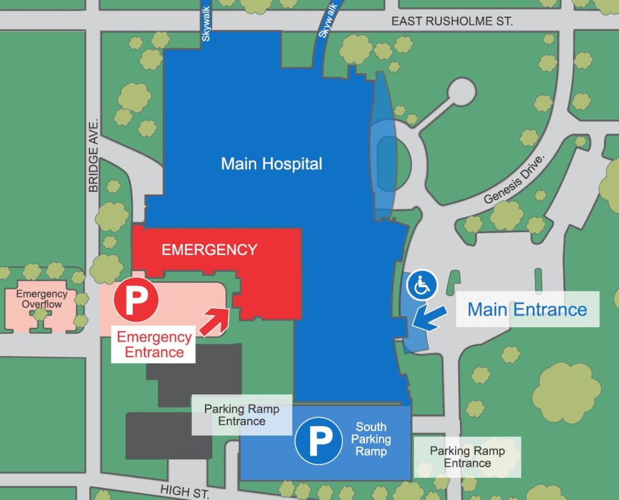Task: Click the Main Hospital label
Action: (x=271, y=164)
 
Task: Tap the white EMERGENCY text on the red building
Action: (x=209, y=250)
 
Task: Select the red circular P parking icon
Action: (x=136, y=299)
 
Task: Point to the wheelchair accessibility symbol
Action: (x=422, y=285)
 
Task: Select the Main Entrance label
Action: (x=527, y=310)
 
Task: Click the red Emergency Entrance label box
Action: (x=154, y=345)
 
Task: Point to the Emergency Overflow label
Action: (x=42, y=299)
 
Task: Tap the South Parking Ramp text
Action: (x=371, y=439)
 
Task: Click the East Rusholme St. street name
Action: (x=452, y=21)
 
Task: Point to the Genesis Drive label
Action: (x=515, y=179)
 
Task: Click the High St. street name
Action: (x=184, y=491)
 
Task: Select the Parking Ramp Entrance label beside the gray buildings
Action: (x=241, y=415)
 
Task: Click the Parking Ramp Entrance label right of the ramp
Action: (x=467, y=457)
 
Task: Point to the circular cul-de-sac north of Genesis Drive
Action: (x=461, y=92)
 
